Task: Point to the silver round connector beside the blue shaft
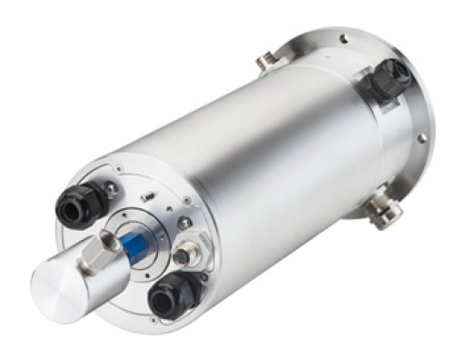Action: point(182,257)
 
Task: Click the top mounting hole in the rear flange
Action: point(344,37)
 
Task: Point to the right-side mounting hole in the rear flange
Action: point(421,138)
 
